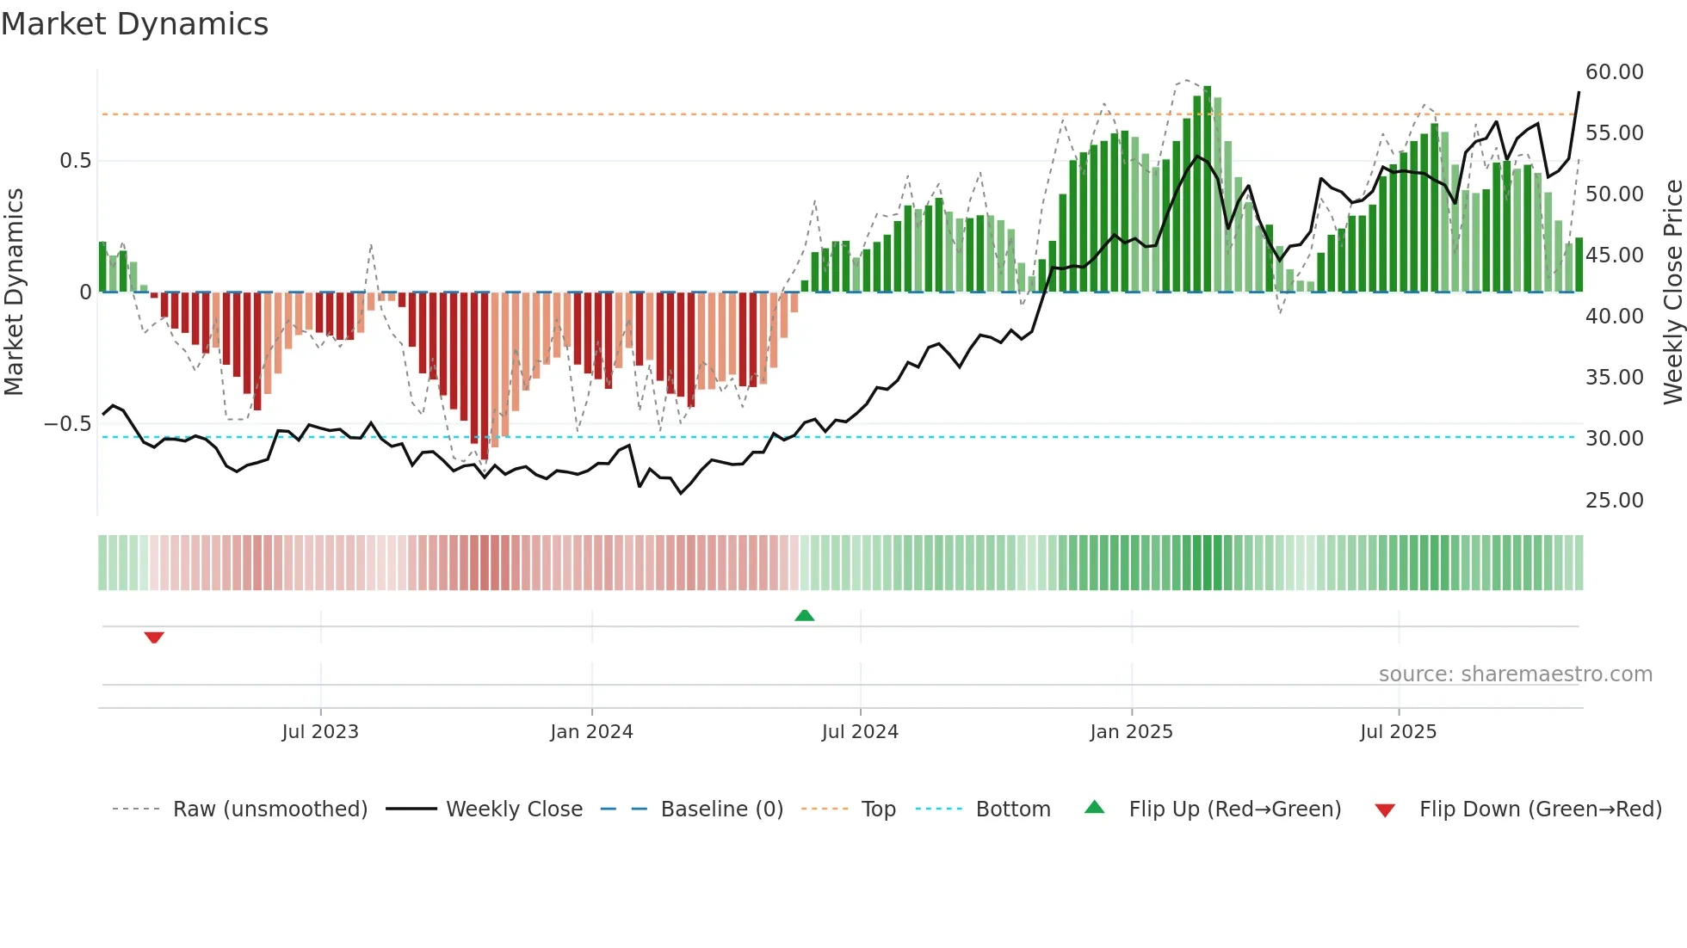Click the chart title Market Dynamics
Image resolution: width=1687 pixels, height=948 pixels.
134,24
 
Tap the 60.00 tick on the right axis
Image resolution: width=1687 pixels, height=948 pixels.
1614,72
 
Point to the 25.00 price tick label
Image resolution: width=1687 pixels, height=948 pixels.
1614,501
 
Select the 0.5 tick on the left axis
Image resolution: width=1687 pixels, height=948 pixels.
75,161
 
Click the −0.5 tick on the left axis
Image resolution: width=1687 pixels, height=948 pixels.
68,424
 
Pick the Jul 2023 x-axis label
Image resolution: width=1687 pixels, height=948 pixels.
320,732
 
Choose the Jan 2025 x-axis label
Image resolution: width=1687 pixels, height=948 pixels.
1131,732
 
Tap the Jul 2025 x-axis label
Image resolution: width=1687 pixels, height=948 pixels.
1398,732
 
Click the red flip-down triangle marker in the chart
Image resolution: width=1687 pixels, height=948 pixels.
154,637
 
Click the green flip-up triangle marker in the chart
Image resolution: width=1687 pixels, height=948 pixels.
804,616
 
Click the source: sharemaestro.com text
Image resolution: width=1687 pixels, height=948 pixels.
1515,674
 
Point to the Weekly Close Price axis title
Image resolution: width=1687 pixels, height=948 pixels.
1672,292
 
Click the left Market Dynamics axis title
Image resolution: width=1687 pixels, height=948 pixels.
14,292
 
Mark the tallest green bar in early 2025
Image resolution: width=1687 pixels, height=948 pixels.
1208,189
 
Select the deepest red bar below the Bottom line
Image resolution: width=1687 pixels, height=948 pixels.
485,379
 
